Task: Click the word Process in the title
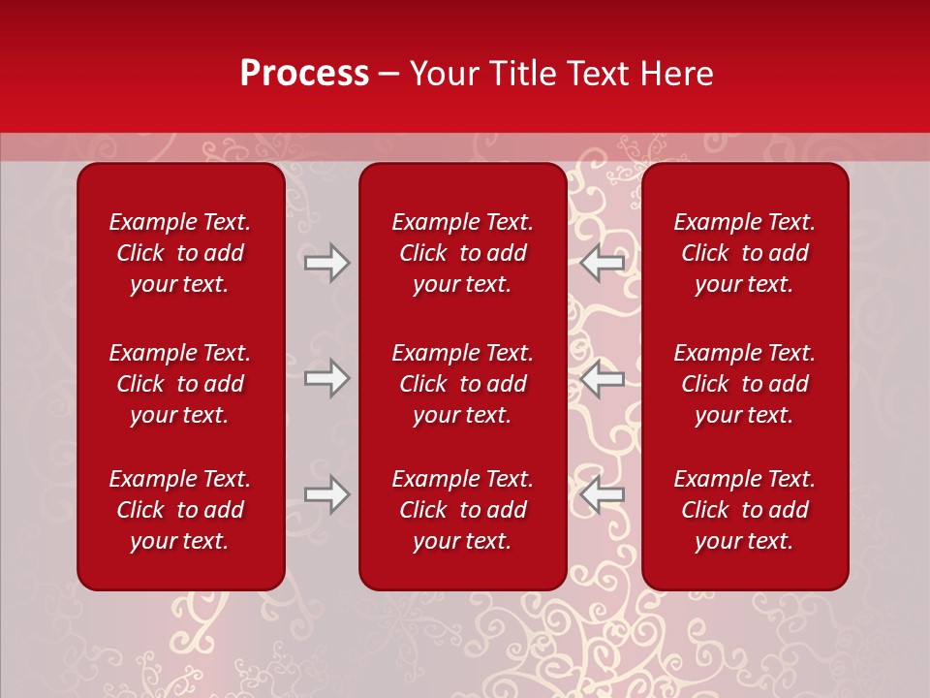(304, 74)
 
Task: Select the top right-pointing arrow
(326, 263)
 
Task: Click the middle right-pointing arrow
(326, 377)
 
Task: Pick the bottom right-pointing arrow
(326, 494)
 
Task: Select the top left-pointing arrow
(603, 263)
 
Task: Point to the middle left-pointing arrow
(603, 377)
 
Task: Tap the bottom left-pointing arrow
(603, 494)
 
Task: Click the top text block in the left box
(180, 253)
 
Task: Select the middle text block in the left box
(180, 384)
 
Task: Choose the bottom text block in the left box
(180, 510)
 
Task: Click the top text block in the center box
(463, 253)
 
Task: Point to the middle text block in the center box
(463, 384)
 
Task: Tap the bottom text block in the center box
(463, 510)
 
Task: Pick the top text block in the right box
(745, 253)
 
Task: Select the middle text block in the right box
(745, 384)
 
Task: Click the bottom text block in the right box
(745, 510)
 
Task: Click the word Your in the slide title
(442, 74)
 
